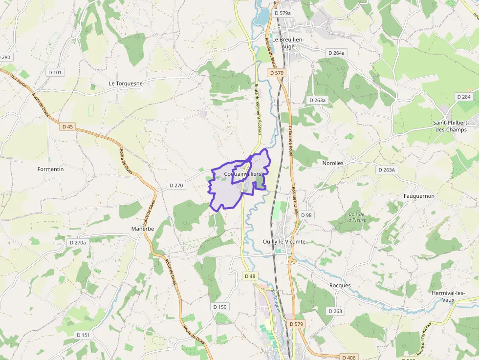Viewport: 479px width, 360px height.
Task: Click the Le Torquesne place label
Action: pyautogui.click(x=126, y=84)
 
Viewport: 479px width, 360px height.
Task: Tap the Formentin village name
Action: pyautogui.click(x=51, y=169)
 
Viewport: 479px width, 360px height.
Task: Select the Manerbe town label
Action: pyautogui.click(x=143, y=229)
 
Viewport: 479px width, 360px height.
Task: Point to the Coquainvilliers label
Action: pyautogui.click(x=242, y=174)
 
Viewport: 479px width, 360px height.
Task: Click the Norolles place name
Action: pyautogui.click(x=333, y=163)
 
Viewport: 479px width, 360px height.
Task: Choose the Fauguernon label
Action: pyautogui.click(x=419, y=196)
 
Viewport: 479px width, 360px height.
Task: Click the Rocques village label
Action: pyautogui.click(x=340, y=285)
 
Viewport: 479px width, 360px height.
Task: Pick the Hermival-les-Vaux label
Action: pyautogui.click(x=448, y=296)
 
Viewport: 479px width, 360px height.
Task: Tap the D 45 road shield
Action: pyautogui.click(x=67, y=127)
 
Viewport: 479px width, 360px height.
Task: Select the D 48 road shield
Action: pyautogui.click(x=249, y=276)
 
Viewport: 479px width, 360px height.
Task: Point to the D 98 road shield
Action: pyautogui.click(x=306, y=215)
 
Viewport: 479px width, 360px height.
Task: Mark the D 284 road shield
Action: pyautogui.click(x=463, y=97)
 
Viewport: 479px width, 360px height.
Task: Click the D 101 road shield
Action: pyautogui.click(x=55, y=72)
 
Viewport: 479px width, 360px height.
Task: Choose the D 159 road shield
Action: pyautogui.click(x=220, y=307)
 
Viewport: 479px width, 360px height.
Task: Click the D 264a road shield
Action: pyautogui.click(x=336, y=53)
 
